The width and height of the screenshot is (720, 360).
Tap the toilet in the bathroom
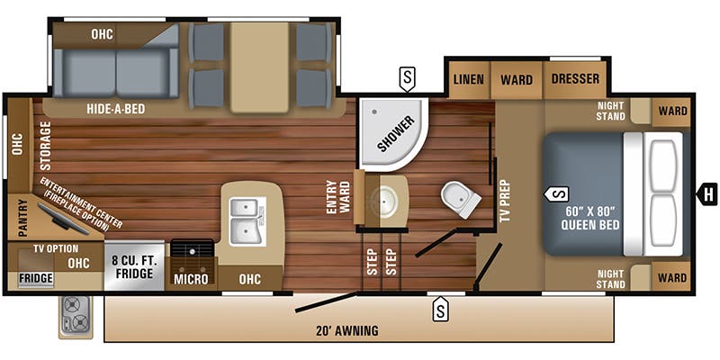[x=460, y=199]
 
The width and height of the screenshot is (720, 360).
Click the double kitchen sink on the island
[x=247, y=221]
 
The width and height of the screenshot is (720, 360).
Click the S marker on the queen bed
[x=556, y=193]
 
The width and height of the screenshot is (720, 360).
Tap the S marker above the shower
[x=408, y=78]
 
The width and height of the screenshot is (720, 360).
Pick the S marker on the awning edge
[x=440, y=309]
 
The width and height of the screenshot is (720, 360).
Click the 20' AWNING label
[x=347, y=330]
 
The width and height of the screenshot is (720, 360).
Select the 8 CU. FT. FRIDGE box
[x=134, y=265]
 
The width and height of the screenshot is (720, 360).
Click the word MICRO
[x=191, y=279]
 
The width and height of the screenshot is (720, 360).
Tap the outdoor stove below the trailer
[x=76, y=317]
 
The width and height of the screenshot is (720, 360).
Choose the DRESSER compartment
[x=575, y=79]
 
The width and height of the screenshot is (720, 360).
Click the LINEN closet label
[x=468, y=79]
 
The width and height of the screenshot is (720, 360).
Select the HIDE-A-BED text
[x=116, y=109]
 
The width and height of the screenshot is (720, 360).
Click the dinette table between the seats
[x=259, y=67]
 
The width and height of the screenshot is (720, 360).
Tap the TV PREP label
[x=506, y=201]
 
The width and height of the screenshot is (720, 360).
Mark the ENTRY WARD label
[x=339, y=197]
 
